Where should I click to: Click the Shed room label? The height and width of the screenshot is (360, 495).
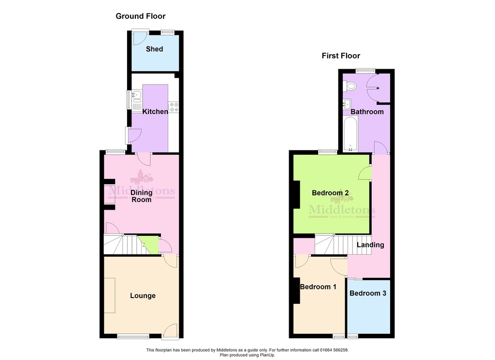[154, 49]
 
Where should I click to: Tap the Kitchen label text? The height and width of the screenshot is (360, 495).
[155, 111]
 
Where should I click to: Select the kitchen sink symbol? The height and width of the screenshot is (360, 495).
[137, 101]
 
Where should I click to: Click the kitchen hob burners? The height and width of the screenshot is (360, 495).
[174, 107]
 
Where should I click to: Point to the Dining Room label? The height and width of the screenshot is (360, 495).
[142, 196]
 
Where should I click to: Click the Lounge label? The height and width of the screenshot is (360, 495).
[143, 296]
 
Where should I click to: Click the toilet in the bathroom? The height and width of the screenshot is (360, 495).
[349, 86]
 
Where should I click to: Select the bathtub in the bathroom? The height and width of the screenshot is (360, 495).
[350, 133]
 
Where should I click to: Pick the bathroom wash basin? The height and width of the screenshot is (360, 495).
[347, 104]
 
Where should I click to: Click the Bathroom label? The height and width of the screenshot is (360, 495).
[367, 112]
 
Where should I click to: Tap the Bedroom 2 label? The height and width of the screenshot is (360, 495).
[330, 193]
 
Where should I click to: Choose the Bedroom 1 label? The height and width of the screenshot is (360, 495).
[318, 287]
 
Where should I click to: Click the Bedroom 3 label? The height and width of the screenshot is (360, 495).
[368, 293]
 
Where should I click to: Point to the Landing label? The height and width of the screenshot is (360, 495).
[370, 245]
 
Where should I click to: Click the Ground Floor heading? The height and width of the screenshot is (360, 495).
[141, 16]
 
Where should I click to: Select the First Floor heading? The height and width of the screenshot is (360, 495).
[341, 56]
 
